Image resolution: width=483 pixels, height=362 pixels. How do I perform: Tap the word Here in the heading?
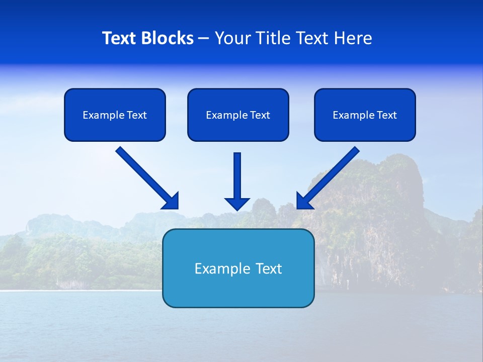[353, 38]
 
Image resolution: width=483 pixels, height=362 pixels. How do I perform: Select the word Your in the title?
[232, 38]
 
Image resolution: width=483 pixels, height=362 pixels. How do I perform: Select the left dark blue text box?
[115, 115]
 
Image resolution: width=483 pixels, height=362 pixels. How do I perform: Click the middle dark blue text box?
[238, 115]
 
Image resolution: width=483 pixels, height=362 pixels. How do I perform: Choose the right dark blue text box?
[365, 115]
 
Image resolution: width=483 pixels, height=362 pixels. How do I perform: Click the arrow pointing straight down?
[237, 178]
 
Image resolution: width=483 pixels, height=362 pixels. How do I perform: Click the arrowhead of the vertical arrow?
[237, 204]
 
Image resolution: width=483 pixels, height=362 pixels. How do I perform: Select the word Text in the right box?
[387, 115]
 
